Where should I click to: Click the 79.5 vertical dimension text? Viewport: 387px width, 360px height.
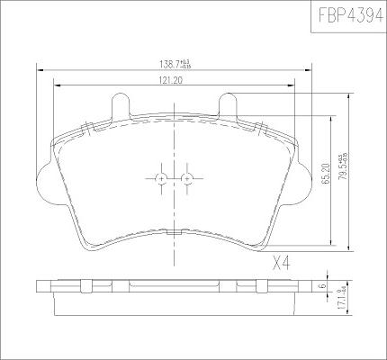343,167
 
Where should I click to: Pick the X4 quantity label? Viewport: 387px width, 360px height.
284,264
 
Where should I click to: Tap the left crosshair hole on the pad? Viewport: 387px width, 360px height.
161,178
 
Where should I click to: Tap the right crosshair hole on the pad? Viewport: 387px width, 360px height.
186,178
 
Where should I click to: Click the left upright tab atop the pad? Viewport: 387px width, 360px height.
119,105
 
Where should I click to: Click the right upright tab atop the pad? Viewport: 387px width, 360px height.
228,105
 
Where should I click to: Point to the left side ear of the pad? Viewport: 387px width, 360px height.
43,179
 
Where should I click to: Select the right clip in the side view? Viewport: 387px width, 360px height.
262,286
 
